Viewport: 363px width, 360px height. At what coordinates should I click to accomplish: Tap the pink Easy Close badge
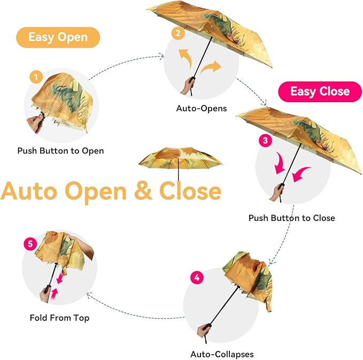coord(320,91)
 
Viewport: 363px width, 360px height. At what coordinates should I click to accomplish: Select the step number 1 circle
coord(36,78)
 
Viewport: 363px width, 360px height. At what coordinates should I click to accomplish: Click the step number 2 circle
coord(177,34)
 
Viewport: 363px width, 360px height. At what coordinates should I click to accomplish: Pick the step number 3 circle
coord(265,141)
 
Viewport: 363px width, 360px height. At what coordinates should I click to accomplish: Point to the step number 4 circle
coord(197,278)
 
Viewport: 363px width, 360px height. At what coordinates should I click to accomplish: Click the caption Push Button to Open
coord(60,151)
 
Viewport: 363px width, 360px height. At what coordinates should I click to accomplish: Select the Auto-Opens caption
coord(202,109)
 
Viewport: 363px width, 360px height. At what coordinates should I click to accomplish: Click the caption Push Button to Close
coord(291,218)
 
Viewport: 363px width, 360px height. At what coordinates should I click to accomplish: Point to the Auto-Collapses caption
coord(222,354)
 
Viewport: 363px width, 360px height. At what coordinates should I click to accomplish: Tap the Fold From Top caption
coord(59,318)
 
